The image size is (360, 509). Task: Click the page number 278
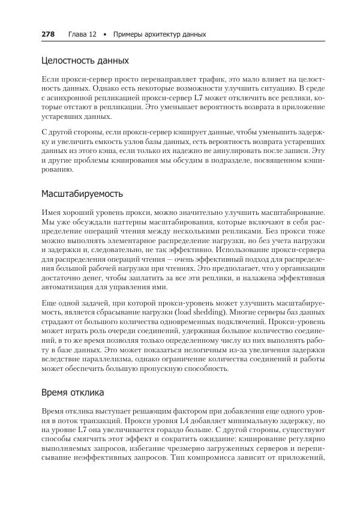point(48,34)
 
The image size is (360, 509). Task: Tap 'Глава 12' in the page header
point(82,34)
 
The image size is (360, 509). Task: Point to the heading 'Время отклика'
point(73,393)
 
